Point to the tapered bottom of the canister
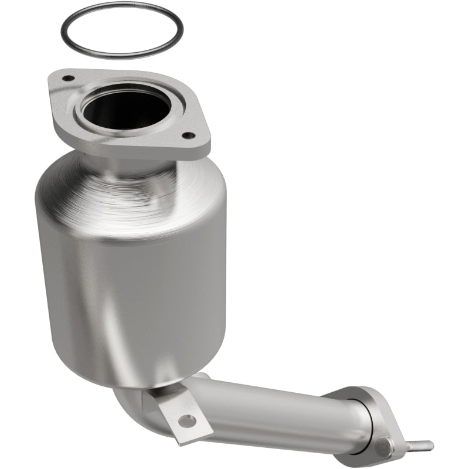135,363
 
